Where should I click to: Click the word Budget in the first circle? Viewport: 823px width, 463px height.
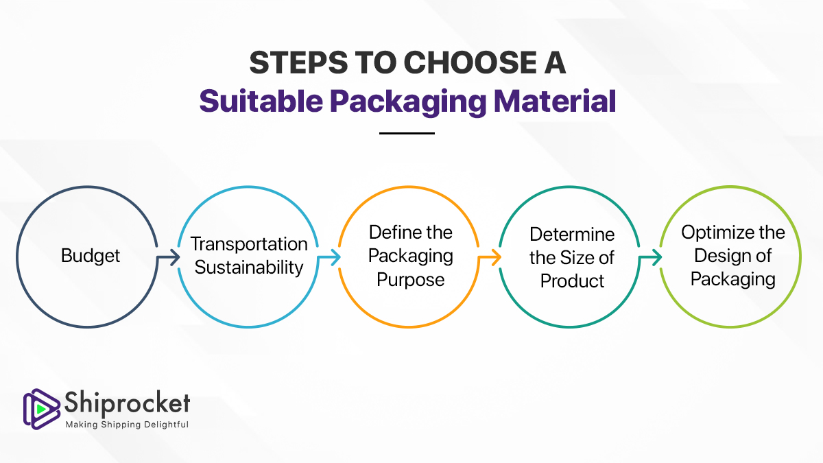[x=91, y=256]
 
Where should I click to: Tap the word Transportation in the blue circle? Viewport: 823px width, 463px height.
[x=249, y=244]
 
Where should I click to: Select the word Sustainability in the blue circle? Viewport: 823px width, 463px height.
[x=249, y=268]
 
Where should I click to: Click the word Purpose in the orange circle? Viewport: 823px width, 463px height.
[x=411, y=280]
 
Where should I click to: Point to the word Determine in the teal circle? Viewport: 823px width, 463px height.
[x=573, y=234]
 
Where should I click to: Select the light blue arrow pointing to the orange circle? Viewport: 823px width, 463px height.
[x=329, y=257]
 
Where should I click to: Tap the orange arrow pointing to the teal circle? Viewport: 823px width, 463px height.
[x=490, y=257]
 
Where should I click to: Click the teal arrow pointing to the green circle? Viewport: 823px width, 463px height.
[x=650, y=257]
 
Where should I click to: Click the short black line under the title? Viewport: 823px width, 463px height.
[x=407, y=133]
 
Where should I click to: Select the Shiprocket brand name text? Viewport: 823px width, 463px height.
[x=127, y=404]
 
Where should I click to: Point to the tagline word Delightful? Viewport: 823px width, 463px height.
[x=164, y=425]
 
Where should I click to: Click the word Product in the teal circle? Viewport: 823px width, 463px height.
[x=573, y=281]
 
